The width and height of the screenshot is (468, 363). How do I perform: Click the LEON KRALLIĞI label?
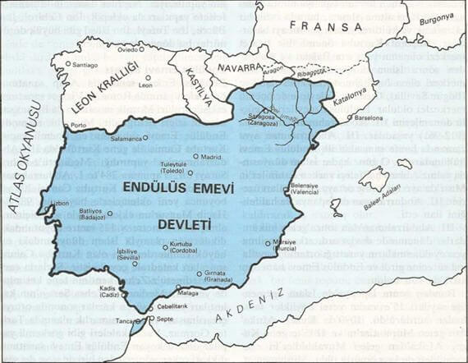coord(97,86)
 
